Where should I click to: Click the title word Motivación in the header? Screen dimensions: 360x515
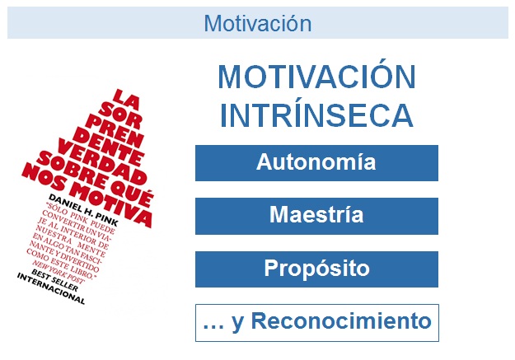(x=257, y=23)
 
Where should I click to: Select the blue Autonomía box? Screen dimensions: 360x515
(x=316, y=162)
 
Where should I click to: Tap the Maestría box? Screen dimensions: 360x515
(x=316, y=217)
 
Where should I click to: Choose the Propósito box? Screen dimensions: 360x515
(x=316, y=269)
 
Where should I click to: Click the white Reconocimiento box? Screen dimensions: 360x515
(x=316, y=322)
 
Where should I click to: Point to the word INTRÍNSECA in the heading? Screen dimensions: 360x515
(x=316, y=115)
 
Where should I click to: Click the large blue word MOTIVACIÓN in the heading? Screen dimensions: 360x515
(x=316, y=78)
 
